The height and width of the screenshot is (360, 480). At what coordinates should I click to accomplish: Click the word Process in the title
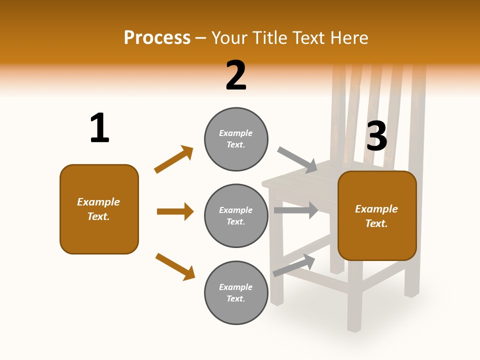point(157,38)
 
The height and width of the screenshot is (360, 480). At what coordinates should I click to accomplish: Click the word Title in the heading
point(270,38)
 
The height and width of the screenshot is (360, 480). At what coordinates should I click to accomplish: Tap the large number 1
point(99,128)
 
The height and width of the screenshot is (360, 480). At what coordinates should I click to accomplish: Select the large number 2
point(236,75)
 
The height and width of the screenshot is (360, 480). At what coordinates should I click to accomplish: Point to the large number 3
point(376,136)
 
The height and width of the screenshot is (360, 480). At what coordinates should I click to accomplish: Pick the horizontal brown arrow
point(175,211)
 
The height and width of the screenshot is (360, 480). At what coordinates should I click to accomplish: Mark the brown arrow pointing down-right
point(175,266)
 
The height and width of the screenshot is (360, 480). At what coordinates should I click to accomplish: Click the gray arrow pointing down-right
point(297,159)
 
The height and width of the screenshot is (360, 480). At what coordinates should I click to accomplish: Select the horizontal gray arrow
point(296,210)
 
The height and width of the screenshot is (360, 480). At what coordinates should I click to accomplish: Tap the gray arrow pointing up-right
point(294,265)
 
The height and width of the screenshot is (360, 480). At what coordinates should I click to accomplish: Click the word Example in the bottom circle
point(235,287)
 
